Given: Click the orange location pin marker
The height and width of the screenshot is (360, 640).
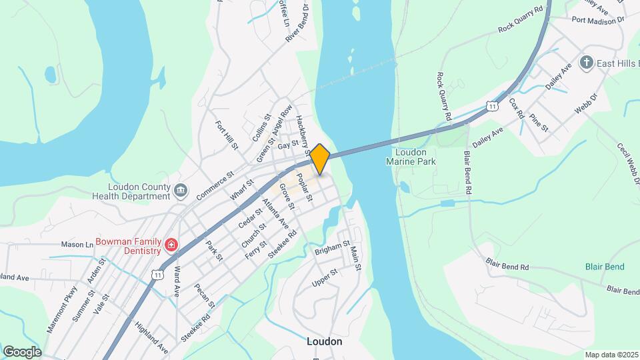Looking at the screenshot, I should [320, 159].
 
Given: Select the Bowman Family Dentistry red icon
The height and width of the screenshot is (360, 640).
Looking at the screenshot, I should [171, 245].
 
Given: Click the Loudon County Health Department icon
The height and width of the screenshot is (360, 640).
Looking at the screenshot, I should [181, 191].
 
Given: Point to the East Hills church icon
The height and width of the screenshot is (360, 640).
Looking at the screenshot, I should [587, 63].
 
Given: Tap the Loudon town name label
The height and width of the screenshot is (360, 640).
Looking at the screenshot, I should [324, 341].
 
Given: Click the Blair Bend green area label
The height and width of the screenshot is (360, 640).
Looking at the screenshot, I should [605, 267].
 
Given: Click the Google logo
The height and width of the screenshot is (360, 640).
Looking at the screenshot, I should [22, 351].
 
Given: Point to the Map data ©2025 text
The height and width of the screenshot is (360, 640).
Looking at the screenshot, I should [611, 354].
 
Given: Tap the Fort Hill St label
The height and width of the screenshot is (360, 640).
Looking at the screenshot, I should [226, 135].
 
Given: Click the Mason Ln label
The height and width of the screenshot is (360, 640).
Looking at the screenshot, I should [77, 245].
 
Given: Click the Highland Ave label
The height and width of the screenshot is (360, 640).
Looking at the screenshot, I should [151, 337].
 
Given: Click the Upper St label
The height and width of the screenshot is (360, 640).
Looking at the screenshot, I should [325, 279].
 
